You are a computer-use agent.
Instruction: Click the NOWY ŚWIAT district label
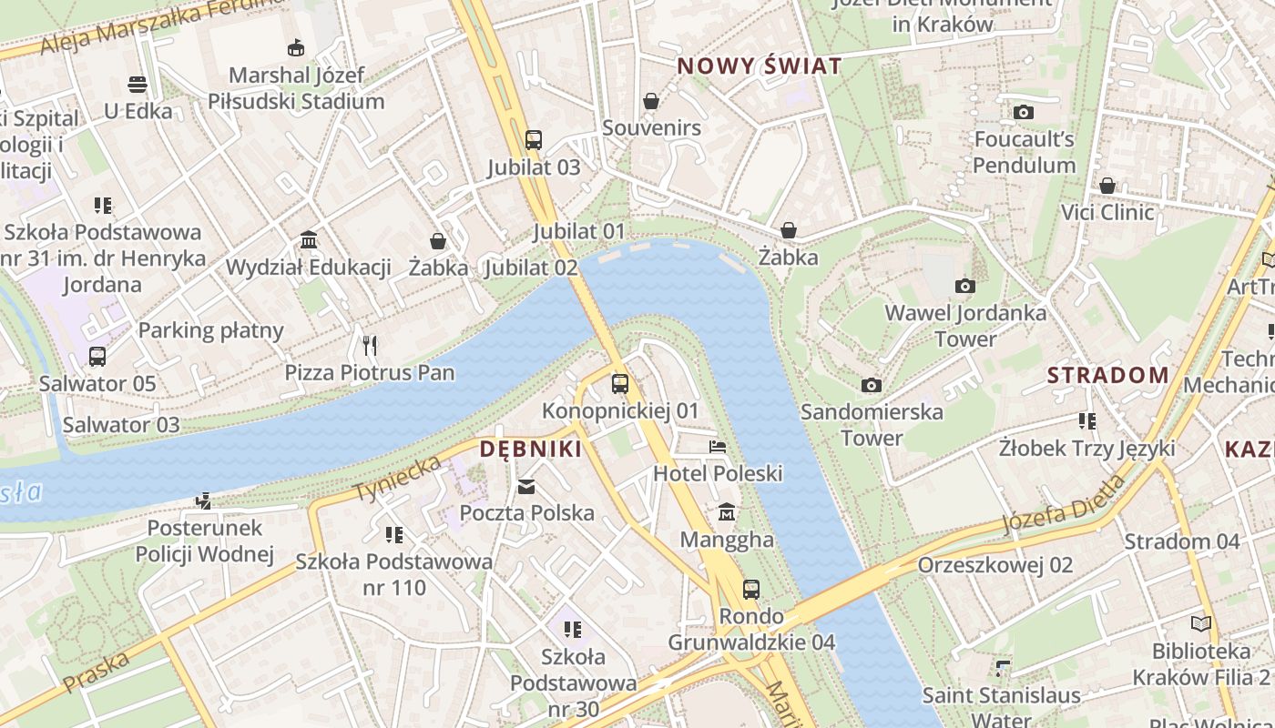click(759, 66)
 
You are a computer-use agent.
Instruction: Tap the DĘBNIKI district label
click(531, 449)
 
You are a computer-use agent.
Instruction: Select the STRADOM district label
click(1107, 375)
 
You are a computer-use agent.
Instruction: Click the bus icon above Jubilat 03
click(534, 140)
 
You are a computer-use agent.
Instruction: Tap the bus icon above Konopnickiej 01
click(620, 384)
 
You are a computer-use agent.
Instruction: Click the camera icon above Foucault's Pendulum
click(1024, 113)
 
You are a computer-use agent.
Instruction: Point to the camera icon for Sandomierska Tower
click(872, 385)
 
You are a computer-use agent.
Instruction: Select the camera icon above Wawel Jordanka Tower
click(965, 287)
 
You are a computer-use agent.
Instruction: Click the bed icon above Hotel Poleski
click(718, 447)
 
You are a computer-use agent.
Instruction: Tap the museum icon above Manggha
click(727, 513)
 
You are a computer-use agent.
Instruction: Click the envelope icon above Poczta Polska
click(526, 487)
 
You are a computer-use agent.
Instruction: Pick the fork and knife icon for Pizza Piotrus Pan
click(370, 346)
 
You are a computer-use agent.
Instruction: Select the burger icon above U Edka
click(138, 85)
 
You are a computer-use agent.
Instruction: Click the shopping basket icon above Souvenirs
click(651, 101)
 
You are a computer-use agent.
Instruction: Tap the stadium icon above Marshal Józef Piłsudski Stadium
click(296, 48)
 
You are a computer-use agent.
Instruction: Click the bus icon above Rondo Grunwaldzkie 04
click(751, 590)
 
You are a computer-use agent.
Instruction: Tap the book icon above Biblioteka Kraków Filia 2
click(1201, 624)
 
